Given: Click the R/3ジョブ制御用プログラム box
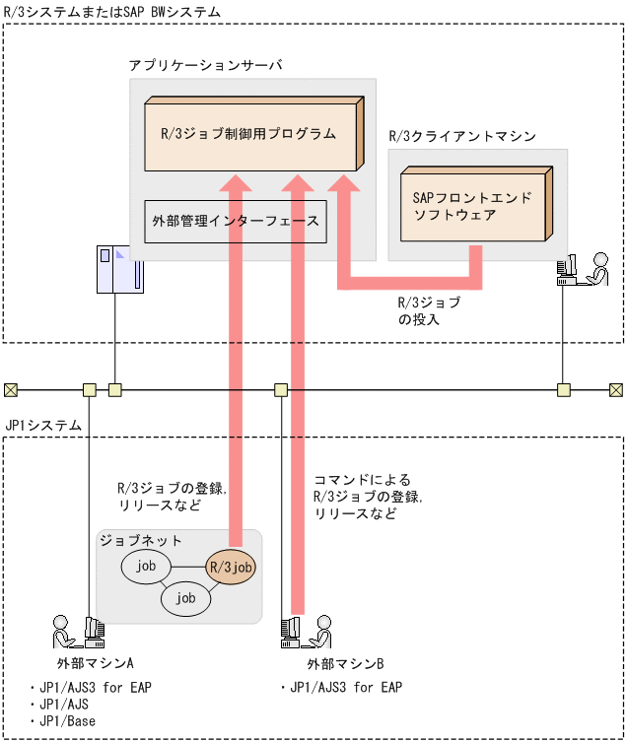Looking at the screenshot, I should (248, 133).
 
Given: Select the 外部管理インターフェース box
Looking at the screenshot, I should (235, 221).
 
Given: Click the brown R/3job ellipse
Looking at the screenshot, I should (230, 568).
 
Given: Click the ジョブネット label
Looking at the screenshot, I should (140, 541).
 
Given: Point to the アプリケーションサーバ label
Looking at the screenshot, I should (205, 65).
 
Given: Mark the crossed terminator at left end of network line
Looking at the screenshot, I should (10, 389).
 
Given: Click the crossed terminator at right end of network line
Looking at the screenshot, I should (616, 389).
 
